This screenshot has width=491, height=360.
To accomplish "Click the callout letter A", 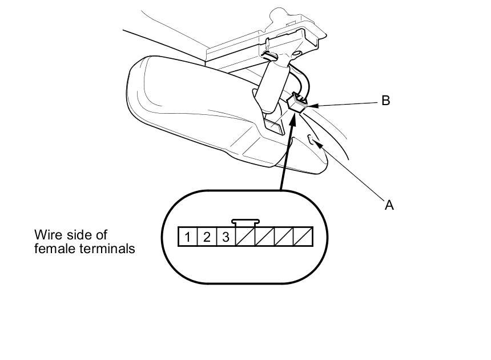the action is pos(389,205).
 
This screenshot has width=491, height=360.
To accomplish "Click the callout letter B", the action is pos(385,101).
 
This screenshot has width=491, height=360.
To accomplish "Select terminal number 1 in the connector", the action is pos(188,236).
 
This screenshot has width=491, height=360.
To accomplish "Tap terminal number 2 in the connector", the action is pos(207,236).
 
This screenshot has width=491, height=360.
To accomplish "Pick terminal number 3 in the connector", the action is pos(226,236).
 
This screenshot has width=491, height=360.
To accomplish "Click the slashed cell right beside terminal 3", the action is pos(246,236).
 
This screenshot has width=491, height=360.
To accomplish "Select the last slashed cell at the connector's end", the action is pos(303,236).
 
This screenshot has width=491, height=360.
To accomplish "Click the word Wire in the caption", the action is pos(47,235).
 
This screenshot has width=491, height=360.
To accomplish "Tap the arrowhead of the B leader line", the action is pos(312,105).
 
